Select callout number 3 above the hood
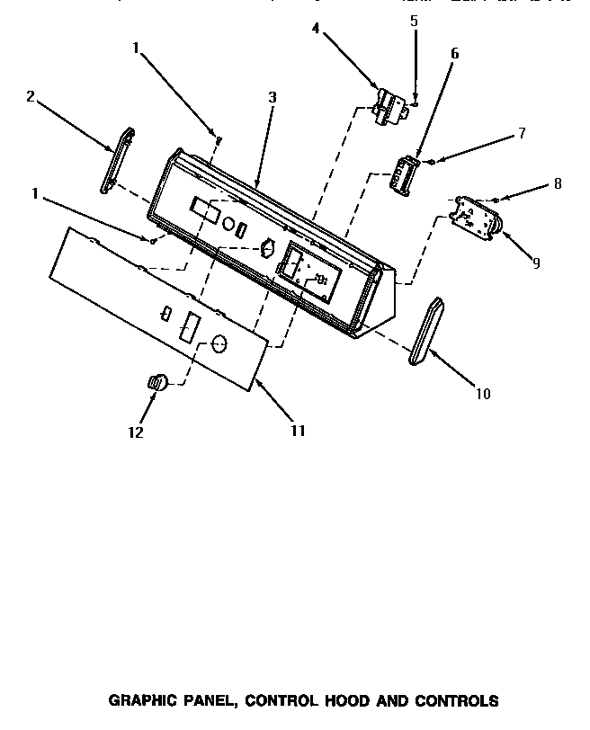coord(271,97)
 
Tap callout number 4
coord(316,29)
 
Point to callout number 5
coord(414,20)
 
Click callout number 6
coord(454,54)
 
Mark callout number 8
coord(558,183)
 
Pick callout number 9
coord(536,263)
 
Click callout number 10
coord(485,393)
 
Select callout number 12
coord(136,432)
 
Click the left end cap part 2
coord(118,161)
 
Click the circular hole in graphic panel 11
coord(219,344)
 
